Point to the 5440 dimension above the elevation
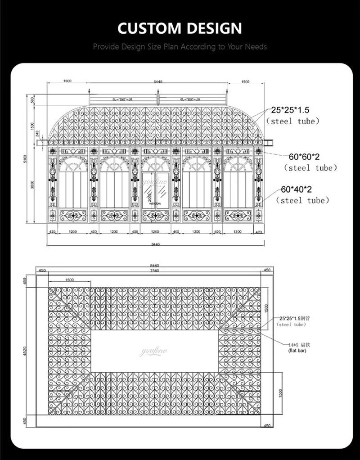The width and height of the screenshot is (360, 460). [x=158, y=81]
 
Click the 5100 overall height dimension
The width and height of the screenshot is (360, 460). [x=27, y=158]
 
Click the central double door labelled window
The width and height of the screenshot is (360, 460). [x=155, y=190]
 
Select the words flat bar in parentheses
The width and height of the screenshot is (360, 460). [x=297, y=350]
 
